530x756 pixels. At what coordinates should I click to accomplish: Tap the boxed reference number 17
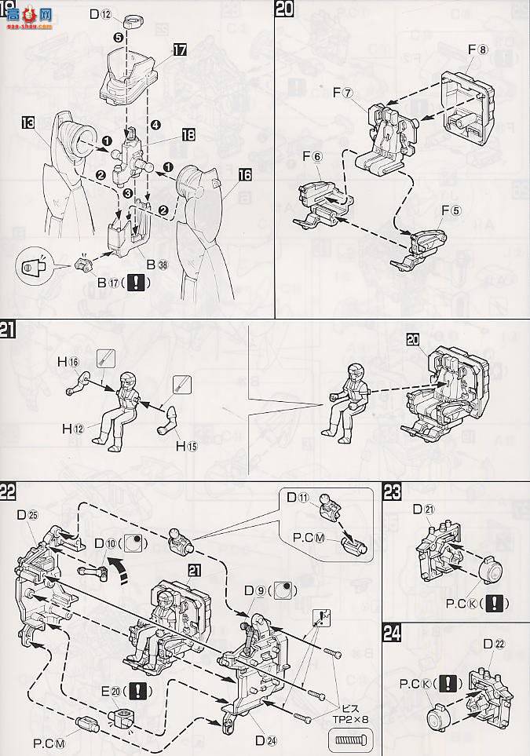[x=180, y=49]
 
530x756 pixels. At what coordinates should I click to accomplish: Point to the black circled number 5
[x=118, y=37]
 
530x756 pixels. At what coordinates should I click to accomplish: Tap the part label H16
[x=67, y=360]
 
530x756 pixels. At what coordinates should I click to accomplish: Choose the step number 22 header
[x=9, y=491]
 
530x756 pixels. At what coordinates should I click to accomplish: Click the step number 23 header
[x=392, y=491]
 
